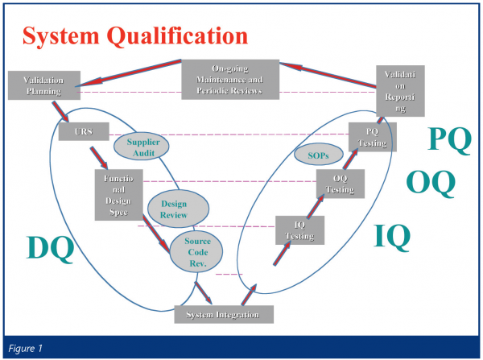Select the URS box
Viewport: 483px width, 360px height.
point(78,131)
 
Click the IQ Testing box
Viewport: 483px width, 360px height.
point(299,230)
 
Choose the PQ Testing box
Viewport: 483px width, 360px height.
point(373,138)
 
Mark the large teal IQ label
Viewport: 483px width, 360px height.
point(392,236)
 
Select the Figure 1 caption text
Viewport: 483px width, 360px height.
point(27,348)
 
